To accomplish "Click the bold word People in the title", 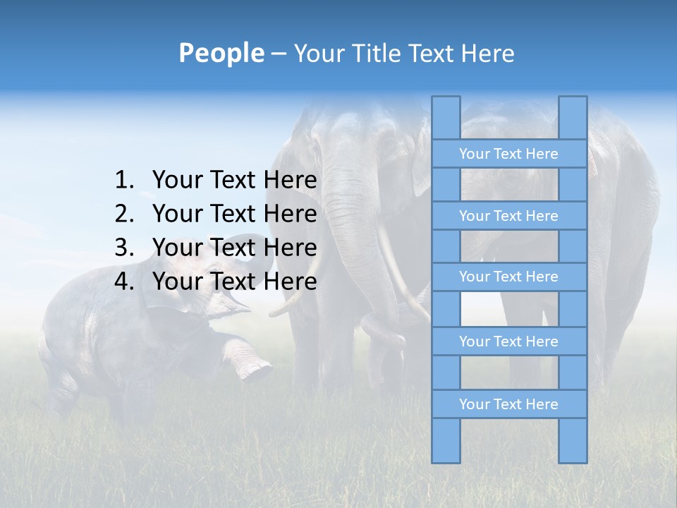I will coord(221,53).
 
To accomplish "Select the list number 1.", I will coord(124,181).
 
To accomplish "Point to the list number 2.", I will coord(124,214).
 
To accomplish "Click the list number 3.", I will coord(124,248).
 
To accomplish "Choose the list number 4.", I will coord(124,282).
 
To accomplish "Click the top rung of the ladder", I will coord(508,154).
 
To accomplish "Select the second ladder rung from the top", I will coord(508,216).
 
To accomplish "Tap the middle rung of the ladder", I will coord(508,277).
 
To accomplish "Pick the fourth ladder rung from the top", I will coord(508,341).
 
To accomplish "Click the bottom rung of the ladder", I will coord(508,404).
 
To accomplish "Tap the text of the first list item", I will coord(234,181).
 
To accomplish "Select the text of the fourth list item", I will coord(234,282).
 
